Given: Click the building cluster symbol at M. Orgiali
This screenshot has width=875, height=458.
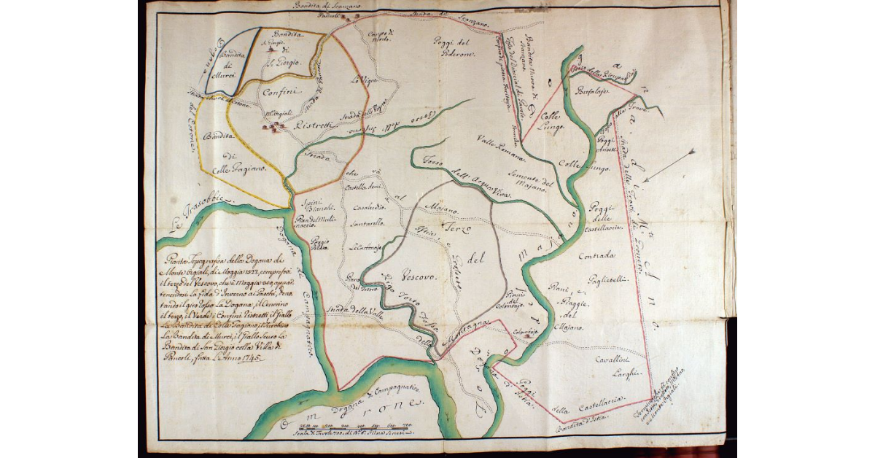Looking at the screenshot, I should (276, 128).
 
